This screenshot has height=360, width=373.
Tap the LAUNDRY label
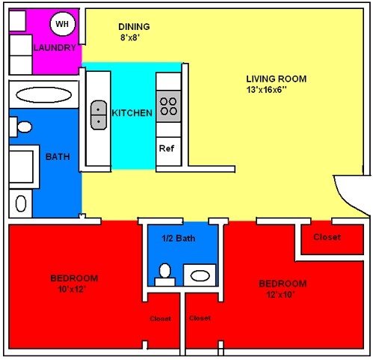coord(55,48)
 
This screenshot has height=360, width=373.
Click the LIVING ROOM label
coord(277,79)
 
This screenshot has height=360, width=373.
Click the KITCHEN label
coord(132,113)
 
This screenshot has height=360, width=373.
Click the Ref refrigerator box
coord(167,147)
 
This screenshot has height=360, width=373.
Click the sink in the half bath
coord(200,275)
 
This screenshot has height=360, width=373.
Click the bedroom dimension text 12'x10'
coord(282,295)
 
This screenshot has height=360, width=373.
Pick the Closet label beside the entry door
coord(327,237)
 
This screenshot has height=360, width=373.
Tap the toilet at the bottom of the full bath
coord(20,203)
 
